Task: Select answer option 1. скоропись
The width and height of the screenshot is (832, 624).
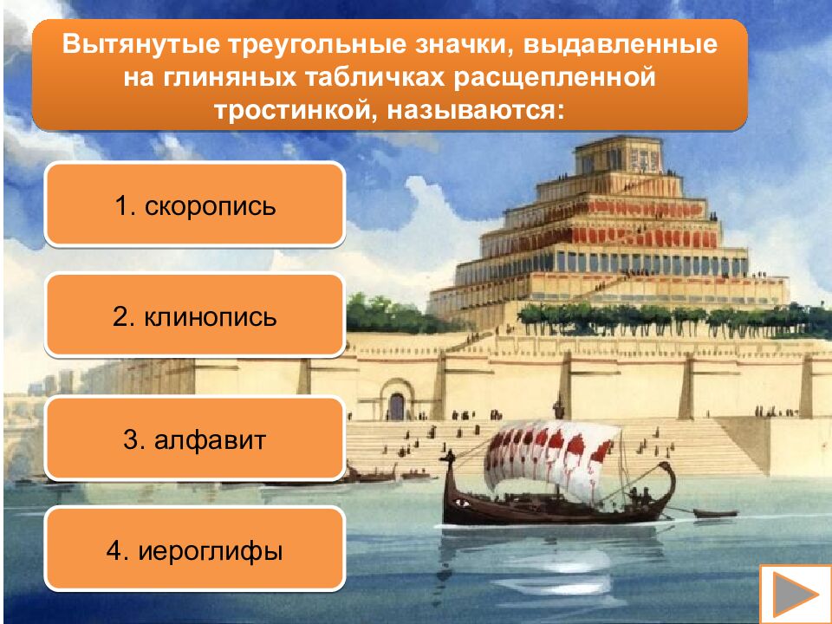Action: click(195, 206)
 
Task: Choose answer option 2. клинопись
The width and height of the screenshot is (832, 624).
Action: click(195, 316)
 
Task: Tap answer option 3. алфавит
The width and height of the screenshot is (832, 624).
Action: click(195, 439)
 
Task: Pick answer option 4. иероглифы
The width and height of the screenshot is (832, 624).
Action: click(195, 550)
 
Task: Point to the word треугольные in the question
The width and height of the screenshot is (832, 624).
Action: click(299, 43)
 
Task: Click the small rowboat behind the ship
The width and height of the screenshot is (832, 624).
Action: click(714, 513)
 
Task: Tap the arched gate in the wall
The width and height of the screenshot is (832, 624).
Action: click(397, 406)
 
